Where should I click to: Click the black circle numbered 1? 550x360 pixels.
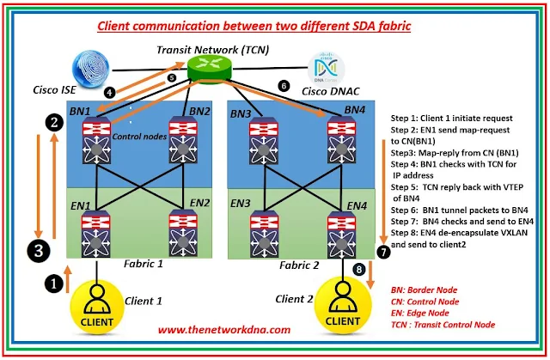point(53,280)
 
